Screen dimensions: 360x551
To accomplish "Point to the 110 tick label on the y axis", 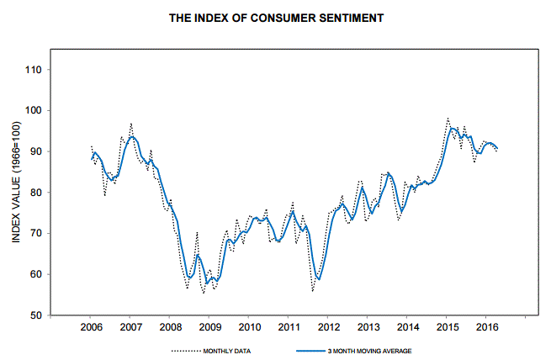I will [x=35, y=69].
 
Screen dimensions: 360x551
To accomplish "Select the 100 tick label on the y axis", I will [x=35, y=110].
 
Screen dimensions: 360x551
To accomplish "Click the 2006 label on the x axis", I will [x=90, y=326].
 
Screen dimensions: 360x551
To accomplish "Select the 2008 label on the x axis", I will [x=170, y=326].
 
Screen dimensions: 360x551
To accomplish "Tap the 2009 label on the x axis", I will [x=209, y=326].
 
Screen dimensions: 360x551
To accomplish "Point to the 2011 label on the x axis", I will [x=289, y=326].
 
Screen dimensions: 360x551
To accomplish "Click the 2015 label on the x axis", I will [x=448, y=326].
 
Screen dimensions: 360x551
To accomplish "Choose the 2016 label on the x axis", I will [x=487, y=326].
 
